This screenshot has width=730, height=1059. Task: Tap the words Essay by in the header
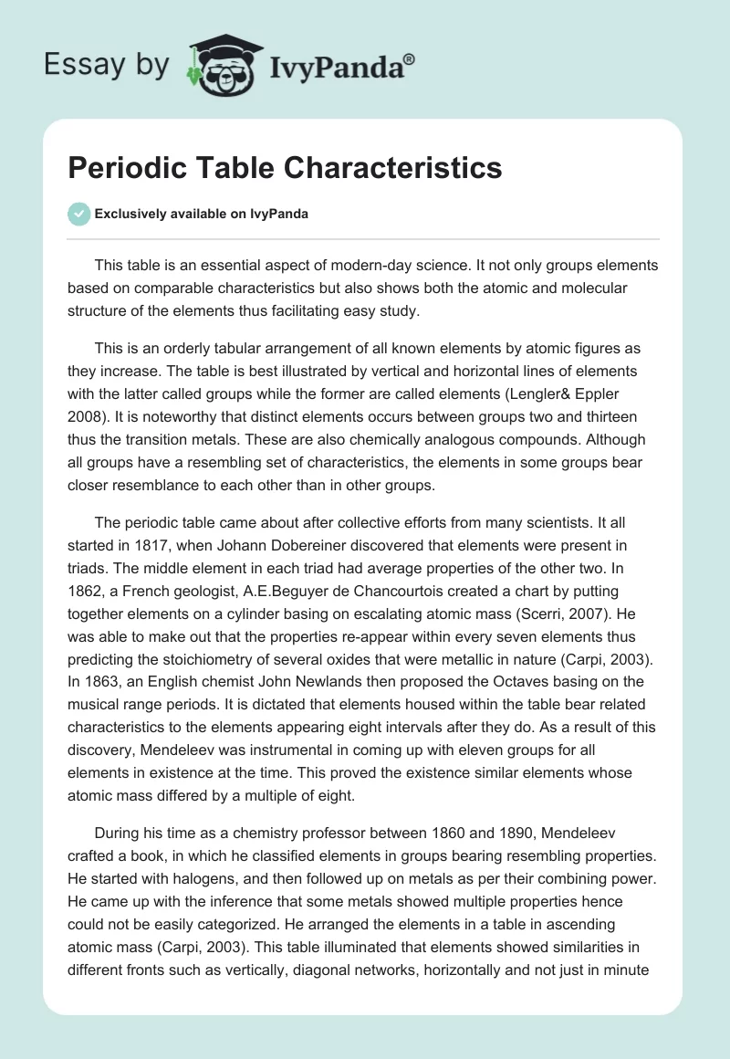point(106,65)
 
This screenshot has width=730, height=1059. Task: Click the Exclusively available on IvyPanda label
point(201,214)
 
